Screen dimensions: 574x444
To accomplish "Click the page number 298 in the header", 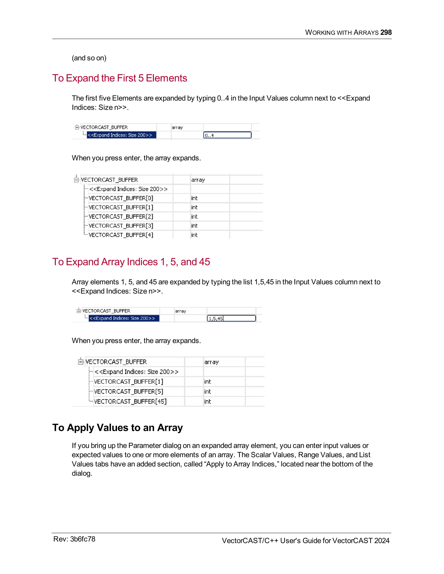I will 386,32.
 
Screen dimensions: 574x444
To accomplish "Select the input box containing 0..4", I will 227,135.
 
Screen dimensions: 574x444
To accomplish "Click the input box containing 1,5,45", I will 231,318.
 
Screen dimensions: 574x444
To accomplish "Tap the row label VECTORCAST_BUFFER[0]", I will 121,198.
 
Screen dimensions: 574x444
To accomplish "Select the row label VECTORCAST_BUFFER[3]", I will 121,226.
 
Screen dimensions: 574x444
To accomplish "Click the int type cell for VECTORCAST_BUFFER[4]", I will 194,235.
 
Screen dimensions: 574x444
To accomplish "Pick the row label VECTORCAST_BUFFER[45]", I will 130,401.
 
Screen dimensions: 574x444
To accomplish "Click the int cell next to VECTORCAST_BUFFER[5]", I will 207,392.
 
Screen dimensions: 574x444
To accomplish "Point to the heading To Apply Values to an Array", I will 117,428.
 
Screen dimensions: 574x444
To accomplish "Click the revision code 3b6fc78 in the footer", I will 83,539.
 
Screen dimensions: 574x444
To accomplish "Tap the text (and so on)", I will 89,58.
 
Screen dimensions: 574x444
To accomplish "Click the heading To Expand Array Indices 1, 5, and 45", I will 131,262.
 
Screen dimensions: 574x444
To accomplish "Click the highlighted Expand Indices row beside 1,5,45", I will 124,318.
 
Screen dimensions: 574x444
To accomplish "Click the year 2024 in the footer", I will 382,541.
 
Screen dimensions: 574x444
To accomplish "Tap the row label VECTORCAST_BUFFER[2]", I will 121,217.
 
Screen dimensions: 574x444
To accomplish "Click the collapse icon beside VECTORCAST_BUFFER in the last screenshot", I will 80,362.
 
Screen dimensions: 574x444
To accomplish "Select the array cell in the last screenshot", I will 211,362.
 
